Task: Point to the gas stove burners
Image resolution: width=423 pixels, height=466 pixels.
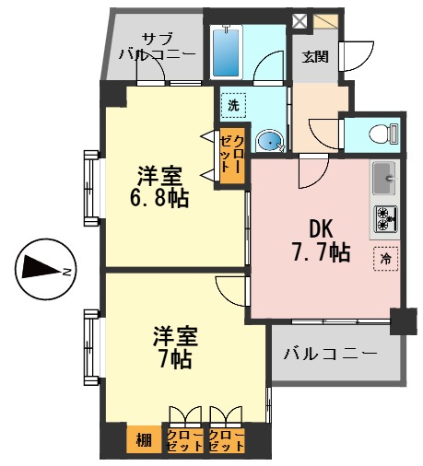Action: pyautogui.click(x=384, y=219)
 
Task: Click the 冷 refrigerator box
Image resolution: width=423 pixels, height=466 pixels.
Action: pyautogui.click(x=384, y=259)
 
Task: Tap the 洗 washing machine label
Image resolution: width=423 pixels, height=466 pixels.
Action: pyautogui.click(x=233, y=105)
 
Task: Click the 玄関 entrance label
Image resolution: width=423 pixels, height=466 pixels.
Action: pyautogui.click(x=315, y=56)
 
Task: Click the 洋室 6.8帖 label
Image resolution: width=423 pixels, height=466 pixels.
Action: pyautogui.click(x=159, y=186)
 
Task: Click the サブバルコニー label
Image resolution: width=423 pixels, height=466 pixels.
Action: pyautogui.click(x=158, y=46)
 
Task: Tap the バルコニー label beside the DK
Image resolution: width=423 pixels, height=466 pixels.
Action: pyautogui.click(x=330, y=354)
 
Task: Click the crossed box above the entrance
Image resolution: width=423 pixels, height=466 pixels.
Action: pyautogui.click(x=300, y=20)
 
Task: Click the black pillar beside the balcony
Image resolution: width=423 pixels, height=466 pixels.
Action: pyautogui.click(x=401, y=321)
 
